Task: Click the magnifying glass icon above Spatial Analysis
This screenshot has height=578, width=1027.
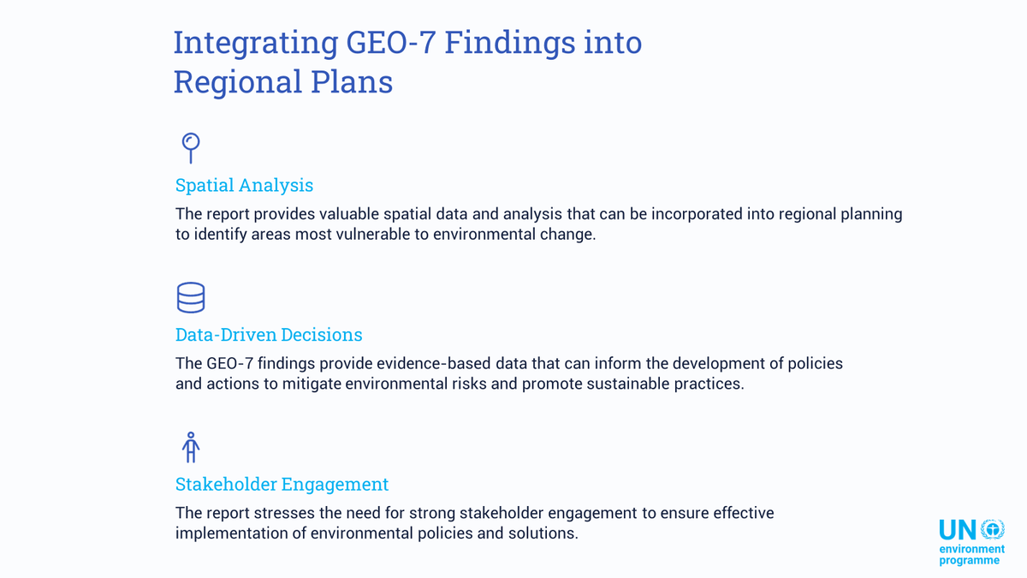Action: [x=190, y=146]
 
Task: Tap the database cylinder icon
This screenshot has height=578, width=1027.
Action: [x=190, y=297]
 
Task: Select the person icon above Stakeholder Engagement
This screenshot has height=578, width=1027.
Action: [x=191, y=447]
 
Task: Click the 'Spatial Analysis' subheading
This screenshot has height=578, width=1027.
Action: [x=244, y=185]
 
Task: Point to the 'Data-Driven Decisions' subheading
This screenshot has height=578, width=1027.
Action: [x=269, y=335]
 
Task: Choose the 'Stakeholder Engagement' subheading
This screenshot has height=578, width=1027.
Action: [x=282, y=485]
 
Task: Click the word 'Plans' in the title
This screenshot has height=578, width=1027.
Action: [x=352, y=81]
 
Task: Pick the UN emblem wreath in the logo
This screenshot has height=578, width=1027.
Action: [x=992, y=529]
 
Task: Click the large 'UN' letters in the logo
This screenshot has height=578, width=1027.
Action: [x=958, y=530]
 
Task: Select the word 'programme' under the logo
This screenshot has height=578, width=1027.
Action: [x=969, y=560]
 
